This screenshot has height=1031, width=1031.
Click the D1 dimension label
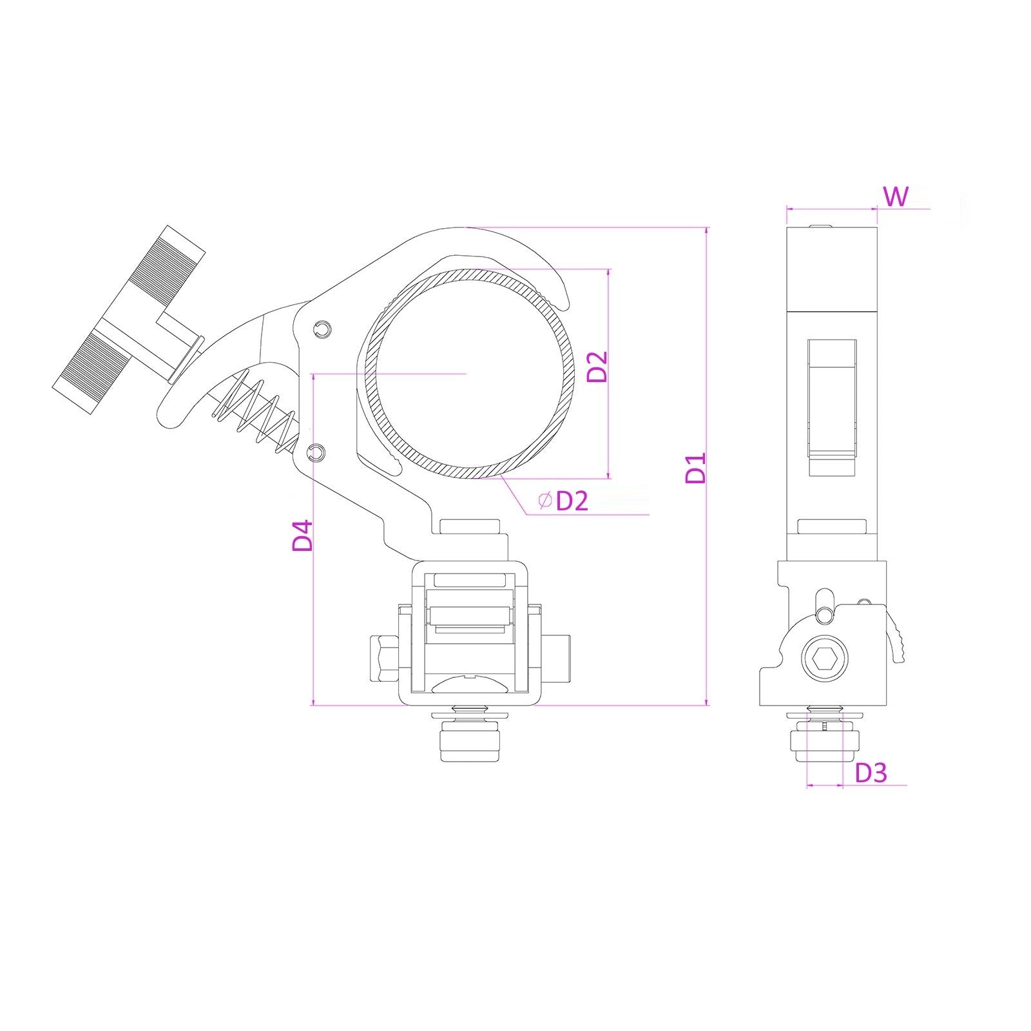[x=697, y=468]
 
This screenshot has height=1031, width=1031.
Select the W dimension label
[x=896, y=197]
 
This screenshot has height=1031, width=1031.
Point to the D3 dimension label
[x=871, y=773]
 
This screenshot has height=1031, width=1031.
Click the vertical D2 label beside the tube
[x=597, y=367]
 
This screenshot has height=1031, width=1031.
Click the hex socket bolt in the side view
[x=825, y=659]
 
